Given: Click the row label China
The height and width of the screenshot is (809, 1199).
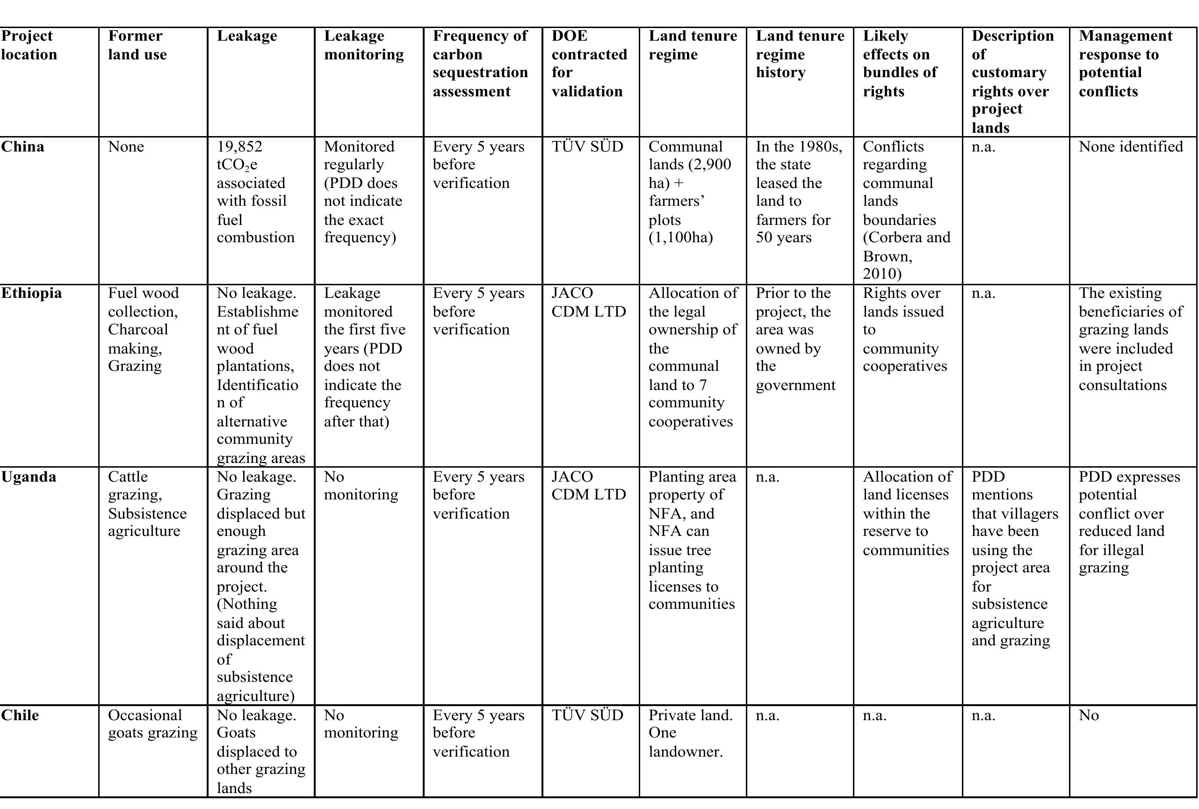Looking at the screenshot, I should click(x=23, y=147).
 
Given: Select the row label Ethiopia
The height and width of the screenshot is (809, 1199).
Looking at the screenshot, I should click(x=31, y=293).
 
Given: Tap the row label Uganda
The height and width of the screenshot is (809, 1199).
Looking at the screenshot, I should click(x=29, y=477).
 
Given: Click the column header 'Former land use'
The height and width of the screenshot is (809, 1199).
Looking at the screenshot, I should click(x=137, y=45).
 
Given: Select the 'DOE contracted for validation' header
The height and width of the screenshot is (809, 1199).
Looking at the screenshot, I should click(x=589, y=64).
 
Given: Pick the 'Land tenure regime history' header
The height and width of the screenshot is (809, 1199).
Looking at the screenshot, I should click(x=799, y=54).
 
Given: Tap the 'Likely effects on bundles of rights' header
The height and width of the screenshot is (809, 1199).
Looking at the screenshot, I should click(x=899, y=64).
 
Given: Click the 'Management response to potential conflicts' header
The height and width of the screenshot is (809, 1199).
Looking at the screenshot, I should click(x=1125, y=64).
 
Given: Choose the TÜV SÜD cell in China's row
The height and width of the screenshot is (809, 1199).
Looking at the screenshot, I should click(x=587, y=147).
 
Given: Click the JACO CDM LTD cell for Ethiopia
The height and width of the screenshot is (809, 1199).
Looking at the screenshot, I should click(x=588, y=303).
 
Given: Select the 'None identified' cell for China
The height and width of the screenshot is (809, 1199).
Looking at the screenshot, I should click(x=1130, y=147).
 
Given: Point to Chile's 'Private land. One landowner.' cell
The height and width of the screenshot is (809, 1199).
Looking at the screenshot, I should click(x=690, y=734).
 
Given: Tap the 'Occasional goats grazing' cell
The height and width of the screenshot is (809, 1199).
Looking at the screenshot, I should click(x=153, y=724).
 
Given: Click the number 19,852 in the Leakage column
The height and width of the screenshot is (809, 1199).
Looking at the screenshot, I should click(x=239, y=147).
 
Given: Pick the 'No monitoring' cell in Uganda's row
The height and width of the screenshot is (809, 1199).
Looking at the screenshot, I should click(x=361, y=486).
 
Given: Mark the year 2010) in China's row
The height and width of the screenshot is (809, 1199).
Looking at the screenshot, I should click(x=882, y=274).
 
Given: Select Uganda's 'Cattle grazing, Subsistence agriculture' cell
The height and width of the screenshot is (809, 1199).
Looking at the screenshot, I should click(x=147, y=504).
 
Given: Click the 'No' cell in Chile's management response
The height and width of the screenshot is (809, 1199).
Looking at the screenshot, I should click(x=1089, y=715).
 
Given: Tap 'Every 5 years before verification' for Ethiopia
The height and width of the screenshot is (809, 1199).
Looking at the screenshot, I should click(x=478, y=311).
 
